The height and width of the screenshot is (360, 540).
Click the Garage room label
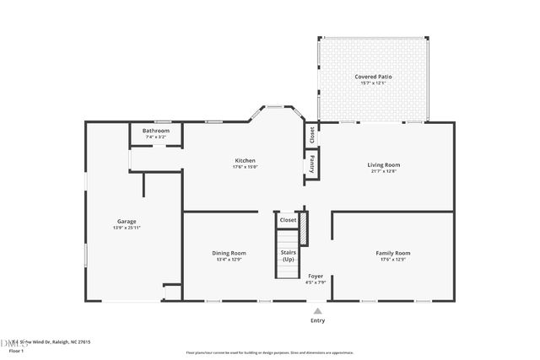point(127,221)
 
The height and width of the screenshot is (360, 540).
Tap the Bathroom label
point(155,131)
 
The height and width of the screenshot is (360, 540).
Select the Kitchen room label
point(245,160)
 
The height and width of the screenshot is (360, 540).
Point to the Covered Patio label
point(373,77)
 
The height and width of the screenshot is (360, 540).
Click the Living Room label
point(383,164)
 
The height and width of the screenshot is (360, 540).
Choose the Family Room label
point(392,253)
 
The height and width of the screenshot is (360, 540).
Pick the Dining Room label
point(229,253)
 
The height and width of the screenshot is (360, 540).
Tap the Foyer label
point(316,276)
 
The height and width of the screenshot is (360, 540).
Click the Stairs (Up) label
point(288,255)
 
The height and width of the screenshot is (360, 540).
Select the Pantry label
point(311,164)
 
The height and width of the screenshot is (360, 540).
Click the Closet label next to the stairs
point(288,220)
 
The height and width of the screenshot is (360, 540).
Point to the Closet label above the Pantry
point(311,134)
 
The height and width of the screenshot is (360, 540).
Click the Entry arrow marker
point(317,310)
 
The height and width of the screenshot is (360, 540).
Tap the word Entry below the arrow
point(317,320)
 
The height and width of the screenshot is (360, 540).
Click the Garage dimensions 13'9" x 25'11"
point(127,228)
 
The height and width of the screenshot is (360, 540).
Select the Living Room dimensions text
point(383,171)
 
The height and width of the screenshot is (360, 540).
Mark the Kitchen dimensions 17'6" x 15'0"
point(245,167)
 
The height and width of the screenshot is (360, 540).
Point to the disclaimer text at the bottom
point(270,352)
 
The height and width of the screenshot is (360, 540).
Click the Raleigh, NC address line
point(51,341)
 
